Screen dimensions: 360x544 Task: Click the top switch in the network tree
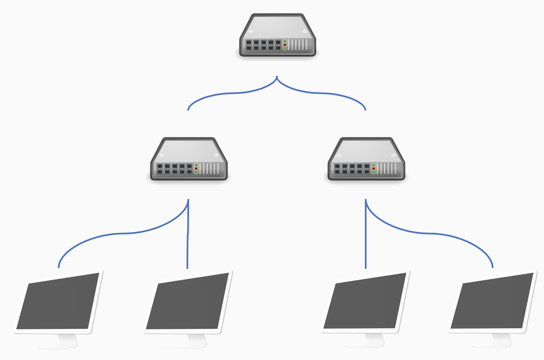point(277,35)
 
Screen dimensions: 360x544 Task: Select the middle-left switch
point(188,159)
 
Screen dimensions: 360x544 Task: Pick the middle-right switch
point(366,159)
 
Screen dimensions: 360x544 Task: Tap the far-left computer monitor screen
point(58,302)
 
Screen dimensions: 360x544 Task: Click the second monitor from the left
point(187,302)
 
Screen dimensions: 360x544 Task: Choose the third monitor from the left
point(365,301)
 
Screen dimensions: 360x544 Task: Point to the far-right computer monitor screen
point(492,301)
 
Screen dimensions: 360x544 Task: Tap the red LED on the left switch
point(196,168)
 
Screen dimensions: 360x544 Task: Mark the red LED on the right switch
point(374,168)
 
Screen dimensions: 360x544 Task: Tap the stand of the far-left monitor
point(68,341)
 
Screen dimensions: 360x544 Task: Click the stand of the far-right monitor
point(502,340)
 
